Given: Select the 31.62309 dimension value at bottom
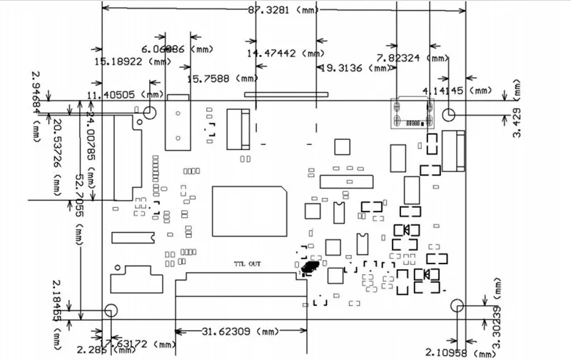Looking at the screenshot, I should pos(224,331).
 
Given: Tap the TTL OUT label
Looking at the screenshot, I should pos(248,264).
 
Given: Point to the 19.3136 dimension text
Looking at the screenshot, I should pos(345,68).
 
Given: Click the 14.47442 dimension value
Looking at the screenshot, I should pos(274,53).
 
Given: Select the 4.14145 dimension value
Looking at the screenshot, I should pos(444,90).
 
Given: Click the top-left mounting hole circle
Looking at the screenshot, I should pos(150,111).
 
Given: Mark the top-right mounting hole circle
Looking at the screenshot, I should pos(449,114).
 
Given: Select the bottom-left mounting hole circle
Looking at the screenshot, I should pos(111,310).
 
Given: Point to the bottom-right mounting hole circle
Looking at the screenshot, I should pos(458,305).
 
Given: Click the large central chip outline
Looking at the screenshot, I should pos(250,211).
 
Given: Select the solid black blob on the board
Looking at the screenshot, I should pos(310,267).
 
